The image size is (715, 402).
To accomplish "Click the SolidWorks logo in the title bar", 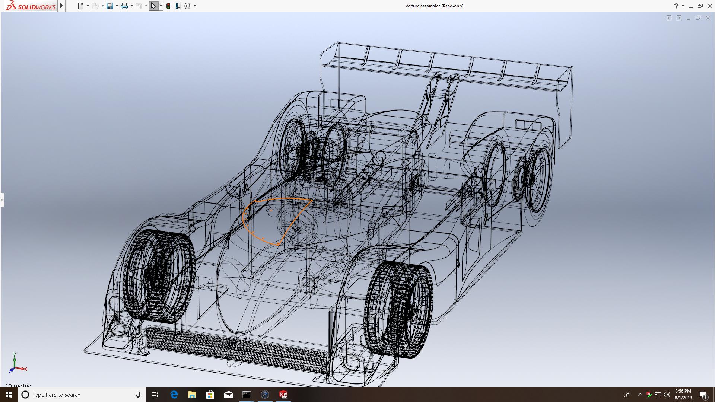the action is (x=31, y=6).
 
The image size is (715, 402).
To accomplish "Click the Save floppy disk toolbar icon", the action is (x=110, y=6).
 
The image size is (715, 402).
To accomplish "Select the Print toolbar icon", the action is (x=124, y=6).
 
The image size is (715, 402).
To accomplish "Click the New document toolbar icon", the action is (x=81, y=6).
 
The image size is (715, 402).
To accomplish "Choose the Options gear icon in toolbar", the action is (x=187, y=6).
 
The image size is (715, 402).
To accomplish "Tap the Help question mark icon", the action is (x=676, y=6).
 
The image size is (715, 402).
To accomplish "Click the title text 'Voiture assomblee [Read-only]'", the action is (x=434, y=6).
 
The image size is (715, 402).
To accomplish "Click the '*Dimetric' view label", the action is (x=18, y=385).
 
